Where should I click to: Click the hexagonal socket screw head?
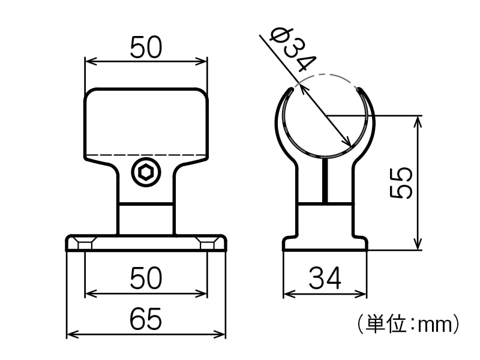[146, 173]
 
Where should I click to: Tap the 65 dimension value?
[146, 319]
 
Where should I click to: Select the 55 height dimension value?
[401, 182]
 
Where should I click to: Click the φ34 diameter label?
[293, 49]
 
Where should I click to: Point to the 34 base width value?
[325, 278]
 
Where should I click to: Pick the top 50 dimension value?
[146, 48]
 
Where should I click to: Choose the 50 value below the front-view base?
[146, 278]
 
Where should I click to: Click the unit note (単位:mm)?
[407, 325]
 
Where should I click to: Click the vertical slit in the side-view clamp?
[325, 180]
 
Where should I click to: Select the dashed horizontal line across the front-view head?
[146, 155]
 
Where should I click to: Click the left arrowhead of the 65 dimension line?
[70, 334]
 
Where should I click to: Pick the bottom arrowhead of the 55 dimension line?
[418, 245]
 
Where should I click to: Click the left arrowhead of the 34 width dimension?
[287, 294]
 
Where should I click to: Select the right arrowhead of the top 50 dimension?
[203, 60]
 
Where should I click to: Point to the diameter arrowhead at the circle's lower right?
[347, 142]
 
